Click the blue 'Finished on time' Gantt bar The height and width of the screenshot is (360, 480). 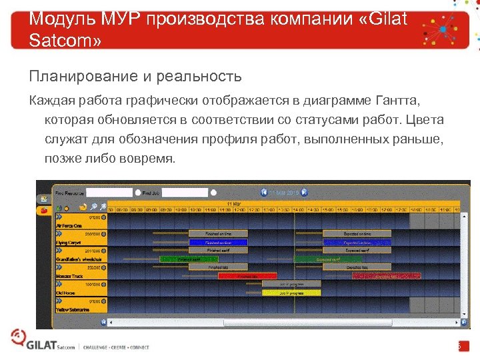(218, 243)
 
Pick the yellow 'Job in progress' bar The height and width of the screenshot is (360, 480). (291, 291)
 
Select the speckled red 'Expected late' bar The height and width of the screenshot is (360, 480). (379, 275)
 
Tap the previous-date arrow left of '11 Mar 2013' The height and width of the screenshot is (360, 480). (265, 192)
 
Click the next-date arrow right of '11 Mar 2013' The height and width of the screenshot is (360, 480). (304, 192)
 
